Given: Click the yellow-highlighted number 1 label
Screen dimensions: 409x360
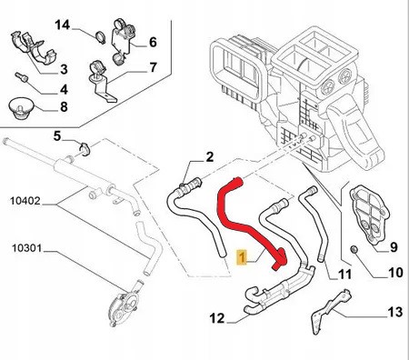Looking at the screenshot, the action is (242, 257).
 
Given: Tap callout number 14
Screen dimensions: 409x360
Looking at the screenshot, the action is (62, 25).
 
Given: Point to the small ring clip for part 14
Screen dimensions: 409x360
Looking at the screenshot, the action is (100, 37).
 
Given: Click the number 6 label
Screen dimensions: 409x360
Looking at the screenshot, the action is (153, 42).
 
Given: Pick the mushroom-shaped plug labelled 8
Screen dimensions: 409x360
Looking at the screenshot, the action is (20, 107).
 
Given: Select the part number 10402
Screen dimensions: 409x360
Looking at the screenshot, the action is (25, 201).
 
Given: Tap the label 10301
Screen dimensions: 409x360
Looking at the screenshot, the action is (26, 248).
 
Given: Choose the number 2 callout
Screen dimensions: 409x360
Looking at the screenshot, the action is (209, 157).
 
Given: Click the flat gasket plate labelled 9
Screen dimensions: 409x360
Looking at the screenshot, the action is (370, 215).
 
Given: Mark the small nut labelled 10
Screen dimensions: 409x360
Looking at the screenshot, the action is (354, 249).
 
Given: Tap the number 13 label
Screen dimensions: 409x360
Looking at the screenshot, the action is (395, 312).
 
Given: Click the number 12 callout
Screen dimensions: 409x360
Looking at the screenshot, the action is (217, 318).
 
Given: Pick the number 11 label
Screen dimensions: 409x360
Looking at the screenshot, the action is (344, 275).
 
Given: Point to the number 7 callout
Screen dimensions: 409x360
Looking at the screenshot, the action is (154, 67).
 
